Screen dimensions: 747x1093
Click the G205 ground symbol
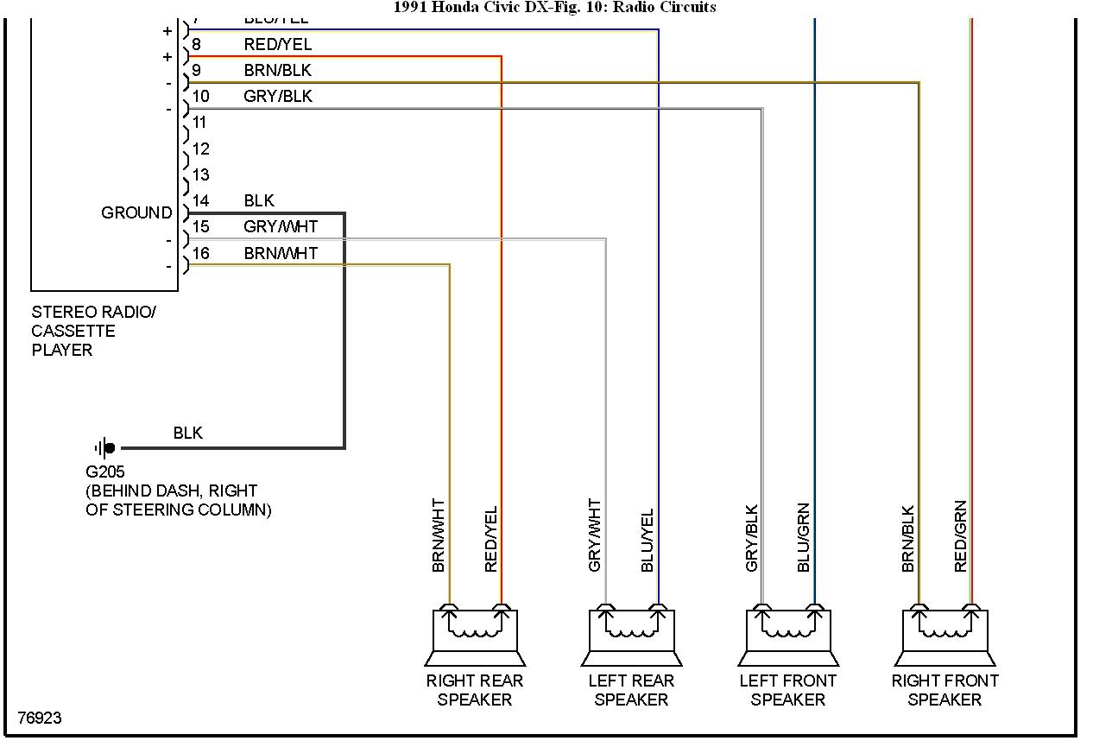click(105, 448)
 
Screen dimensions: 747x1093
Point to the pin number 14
click(200, 201)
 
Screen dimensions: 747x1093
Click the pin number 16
click(200, 253)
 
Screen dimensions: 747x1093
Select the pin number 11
click(199, 123)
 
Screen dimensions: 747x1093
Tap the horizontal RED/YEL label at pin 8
click(277, 44)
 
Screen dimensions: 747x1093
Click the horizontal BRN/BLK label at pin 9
click(277, 70)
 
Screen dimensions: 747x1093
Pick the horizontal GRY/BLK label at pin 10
click(277, 97)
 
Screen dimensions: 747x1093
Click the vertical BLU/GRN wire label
click(804, 537)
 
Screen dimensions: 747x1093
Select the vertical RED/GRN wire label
click(961, 536)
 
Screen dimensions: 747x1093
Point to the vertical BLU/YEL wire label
click(648, 540)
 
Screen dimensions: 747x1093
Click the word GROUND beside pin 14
click(136, 212)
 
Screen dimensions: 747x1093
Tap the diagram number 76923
click(40, 718)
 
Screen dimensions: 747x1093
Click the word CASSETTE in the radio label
click(73, 331)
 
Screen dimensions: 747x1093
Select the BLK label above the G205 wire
click(187, 433)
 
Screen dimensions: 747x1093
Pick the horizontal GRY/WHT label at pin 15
click(281, 227)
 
